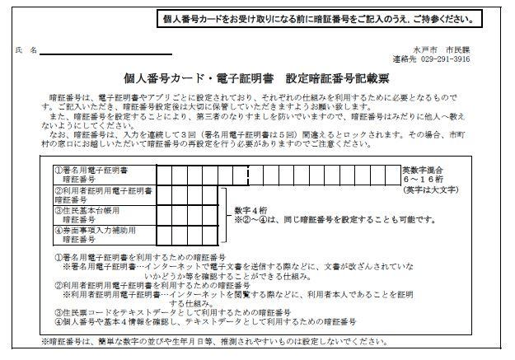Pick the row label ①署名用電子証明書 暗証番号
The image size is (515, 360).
pos(95,174)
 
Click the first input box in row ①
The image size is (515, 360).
pos(165,174)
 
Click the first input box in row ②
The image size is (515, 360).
pos(165,194)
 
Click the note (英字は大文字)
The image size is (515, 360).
pos(429,191)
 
